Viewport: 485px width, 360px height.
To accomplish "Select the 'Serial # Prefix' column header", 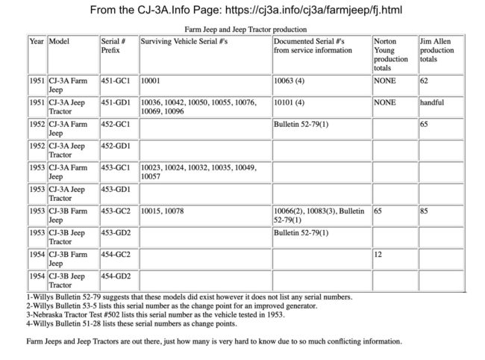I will (x=116, y=46).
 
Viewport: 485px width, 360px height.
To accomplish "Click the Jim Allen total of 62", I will (x=424, y=80).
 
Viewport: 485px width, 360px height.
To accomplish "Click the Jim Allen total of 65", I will (x=424, y=124).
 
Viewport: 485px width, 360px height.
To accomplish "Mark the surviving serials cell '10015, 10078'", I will (x=163, y=211).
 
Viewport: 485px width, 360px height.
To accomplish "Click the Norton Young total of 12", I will (x=378, y=255).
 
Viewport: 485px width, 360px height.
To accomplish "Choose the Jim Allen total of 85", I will (x=424, y=211).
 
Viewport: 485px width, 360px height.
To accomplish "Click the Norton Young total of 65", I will (x=378, y=211).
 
